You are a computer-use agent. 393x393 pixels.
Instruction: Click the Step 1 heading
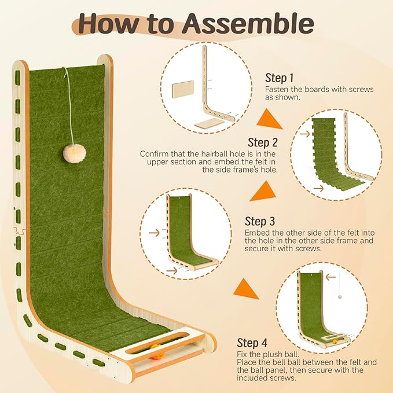(x=280, y=78)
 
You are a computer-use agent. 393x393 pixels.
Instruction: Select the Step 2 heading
(x=263, y=142)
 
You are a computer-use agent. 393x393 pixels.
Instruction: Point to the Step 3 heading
(x=259, y=221)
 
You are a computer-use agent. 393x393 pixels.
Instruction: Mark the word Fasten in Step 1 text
(x=277, y=90)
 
